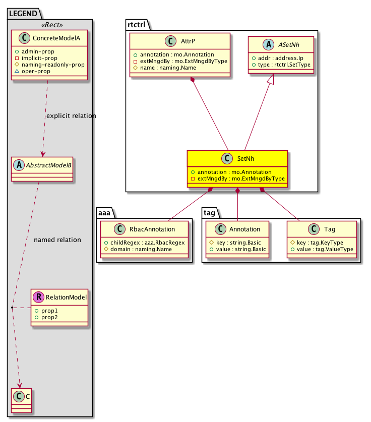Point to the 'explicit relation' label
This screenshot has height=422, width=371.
coord(71,116)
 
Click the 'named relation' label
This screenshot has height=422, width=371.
coord(57,240)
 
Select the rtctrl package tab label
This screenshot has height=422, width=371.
coord(136,24)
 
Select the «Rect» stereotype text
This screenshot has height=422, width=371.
coord(50,24)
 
